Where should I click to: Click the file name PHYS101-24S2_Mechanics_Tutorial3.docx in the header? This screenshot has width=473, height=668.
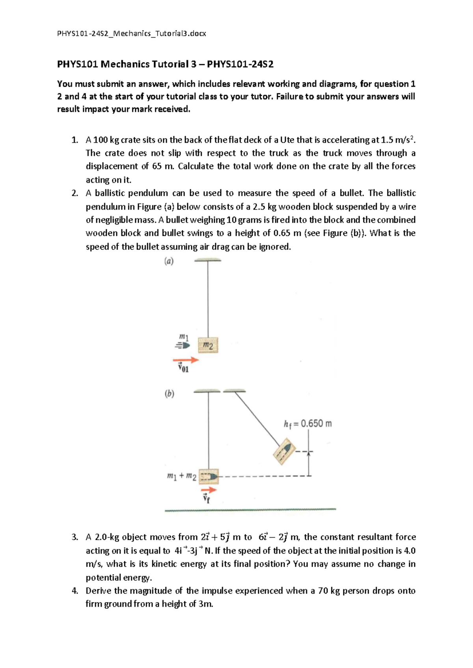pyautogui.click(x=132, y=33)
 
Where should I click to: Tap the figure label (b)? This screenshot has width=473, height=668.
pyautogui.click(x=169, y=393)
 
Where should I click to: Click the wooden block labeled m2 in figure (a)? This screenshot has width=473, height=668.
pyautogui.click(x=208, y=345)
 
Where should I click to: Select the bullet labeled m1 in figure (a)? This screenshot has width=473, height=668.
pyautogui.click(x=183, y=345)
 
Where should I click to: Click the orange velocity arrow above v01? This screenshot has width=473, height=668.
pyautogui.click(x=186, y=360)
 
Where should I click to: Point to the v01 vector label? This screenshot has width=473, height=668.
pyautogui.click(x=183, y=369)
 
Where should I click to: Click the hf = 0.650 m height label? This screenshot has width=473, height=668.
pyautogui.click(x=307, y=424)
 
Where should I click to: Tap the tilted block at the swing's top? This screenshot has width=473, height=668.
pyautogui.click(x=284, y=452)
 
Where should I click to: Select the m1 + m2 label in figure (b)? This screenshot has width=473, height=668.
pyautogui.click(x=181, y=476)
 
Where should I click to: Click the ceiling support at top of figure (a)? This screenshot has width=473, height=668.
pyautogui.click(x=208, y=260)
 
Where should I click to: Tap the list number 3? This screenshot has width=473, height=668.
pyautogui.click(x=75, y=537)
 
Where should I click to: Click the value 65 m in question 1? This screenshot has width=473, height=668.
pyautogui.click(x=163, y=166)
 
